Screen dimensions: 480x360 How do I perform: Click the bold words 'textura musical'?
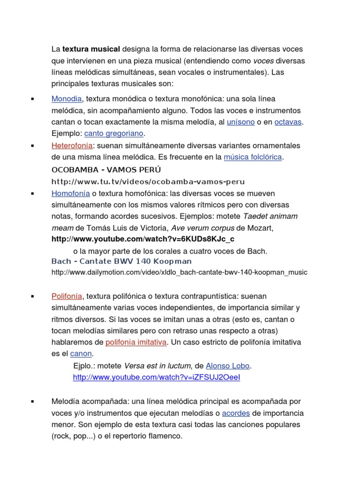point(91,49)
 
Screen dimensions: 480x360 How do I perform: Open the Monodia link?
point(67,99)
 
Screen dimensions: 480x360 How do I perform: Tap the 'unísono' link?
point(240,122)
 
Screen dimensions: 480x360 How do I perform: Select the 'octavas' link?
point(288,122)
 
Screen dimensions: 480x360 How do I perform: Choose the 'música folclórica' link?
point(253,157)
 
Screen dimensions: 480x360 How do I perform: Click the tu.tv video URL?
point(148,181)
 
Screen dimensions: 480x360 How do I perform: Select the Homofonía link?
point(71,194)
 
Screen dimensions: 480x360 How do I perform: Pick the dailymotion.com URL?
point(180,272)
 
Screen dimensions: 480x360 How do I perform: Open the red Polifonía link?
point(67,296)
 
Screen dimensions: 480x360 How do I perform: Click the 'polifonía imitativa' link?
point(136,342)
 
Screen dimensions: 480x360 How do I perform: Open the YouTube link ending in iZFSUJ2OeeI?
point(157,377)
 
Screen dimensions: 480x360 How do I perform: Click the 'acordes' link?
point(236,413)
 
